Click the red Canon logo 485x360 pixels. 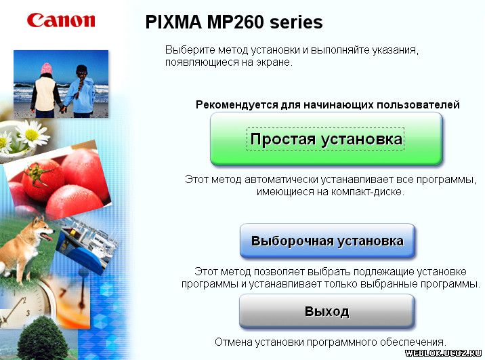61,20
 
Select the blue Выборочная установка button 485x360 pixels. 327,241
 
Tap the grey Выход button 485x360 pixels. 326,311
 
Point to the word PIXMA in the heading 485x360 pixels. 174,22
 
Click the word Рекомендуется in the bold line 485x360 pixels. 236,105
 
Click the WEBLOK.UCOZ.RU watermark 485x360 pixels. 444,353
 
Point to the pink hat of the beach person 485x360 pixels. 46,68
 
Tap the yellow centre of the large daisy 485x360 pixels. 32,134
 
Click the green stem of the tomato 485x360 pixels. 37,174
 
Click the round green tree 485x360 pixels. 43,338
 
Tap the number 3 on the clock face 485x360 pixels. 28,313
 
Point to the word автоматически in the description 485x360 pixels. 282,180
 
